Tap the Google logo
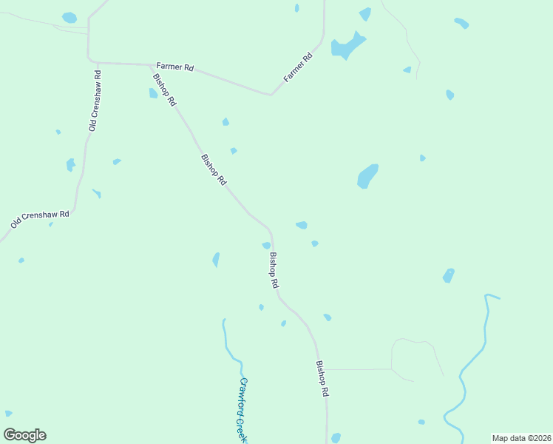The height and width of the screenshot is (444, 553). [x=24, y=434]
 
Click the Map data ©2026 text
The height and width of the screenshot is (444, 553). [x=521, y=438]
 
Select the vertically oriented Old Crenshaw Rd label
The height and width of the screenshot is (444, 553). [x=95, y=101]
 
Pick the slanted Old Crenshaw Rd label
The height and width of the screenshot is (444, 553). [x=40, y=219]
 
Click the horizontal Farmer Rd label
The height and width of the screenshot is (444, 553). [x=175, y=67]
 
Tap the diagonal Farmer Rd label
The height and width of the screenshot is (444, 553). [x=298, y=67]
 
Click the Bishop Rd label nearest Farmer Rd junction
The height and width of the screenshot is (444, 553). [x=164, y=90]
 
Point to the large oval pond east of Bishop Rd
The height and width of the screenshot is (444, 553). [x=367, y=176]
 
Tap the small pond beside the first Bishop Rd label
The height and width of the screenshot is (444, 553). [x=153, y=93]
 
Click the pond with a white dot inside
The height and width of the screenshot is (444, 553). [x=449, y=275]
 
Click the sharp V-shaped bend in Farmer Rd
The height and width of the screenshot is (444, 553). [x=271, y=95]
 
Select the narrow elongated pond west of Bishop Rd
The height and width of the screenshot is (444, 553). [x=216, y=260]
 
